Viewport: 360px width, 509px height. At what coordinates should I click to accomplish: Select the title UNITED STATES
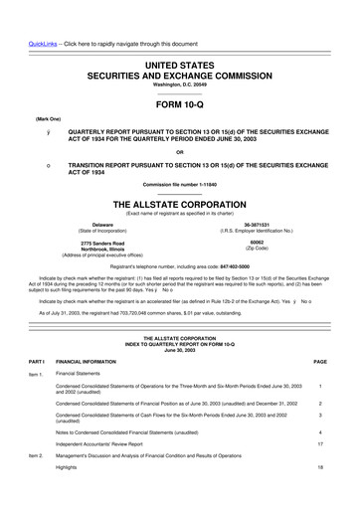pos(180,37)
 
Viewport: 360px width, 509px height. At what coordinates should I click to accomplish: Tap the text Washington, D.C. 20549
pos(180,58)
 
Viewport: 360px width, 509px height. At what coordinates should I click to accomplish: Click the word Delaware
pos(95,225)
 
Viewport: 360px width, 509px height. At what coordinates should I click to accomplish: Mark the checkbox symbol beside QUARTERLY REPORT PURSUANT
pos(36,130)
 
